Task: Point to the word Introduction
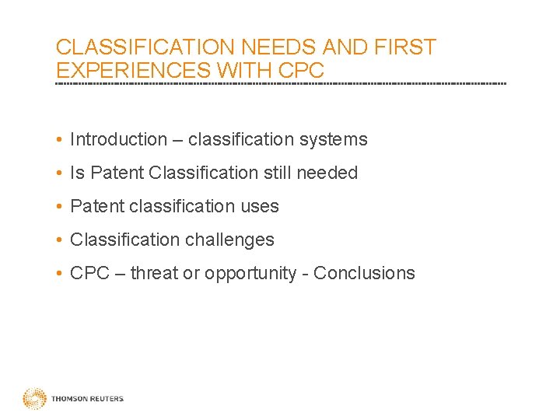(x=118, y=140)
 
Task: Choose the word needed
(x=327, y=173)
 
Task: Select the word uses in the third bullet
(x=260, y=207)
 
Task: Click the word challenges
(x=233, y=240)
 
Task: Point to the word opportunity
(x=250, y=274)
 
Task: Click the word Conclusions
(x=364, y=274)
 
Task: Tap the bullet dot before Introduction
(x=60, y=141)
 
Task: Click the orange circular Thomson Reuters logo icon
(x=34, y=399)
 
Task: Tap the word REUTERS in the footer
(x=105, y=399)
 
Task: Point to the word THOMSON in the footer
(x=68, y=399)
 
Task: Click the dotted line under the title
(x=280, y=83)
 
